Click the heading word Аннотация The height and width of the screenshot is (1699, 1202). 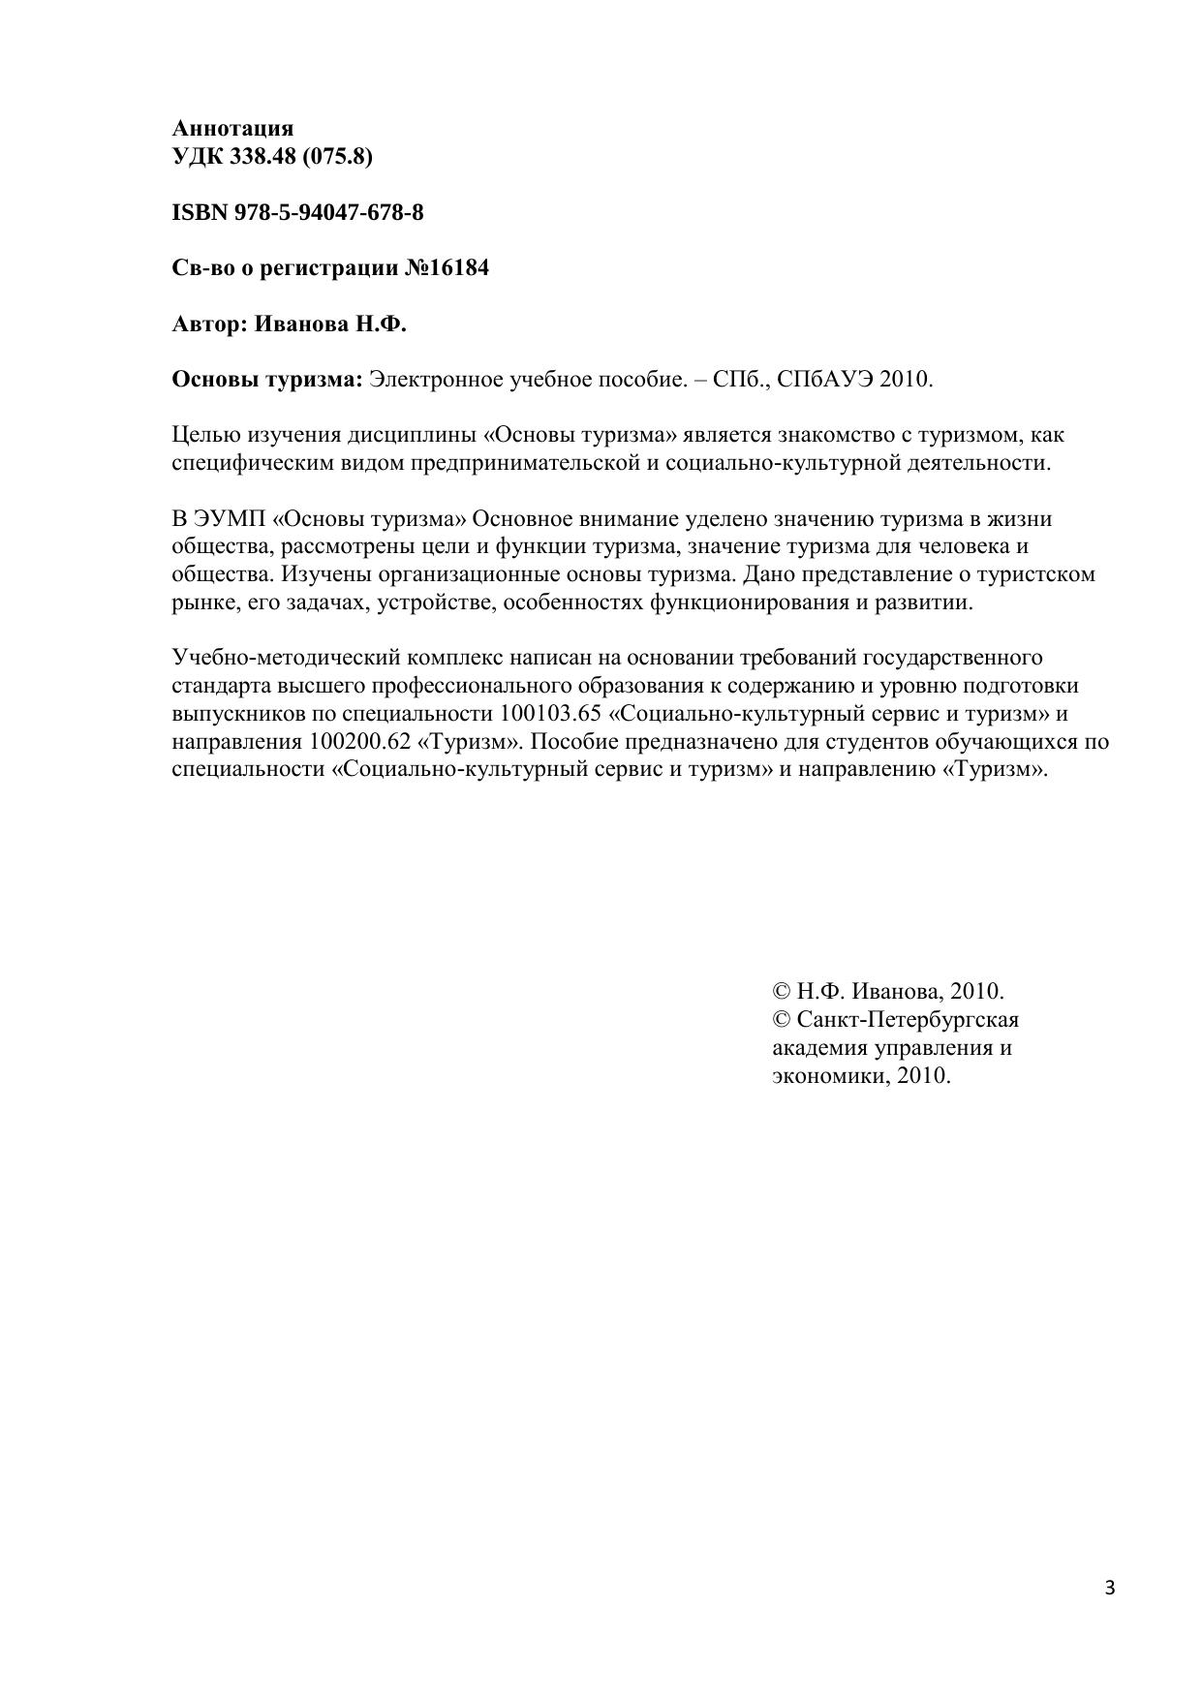point(232,128)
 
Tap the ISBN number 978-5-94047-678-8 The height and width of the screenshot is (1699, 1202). point(328,212)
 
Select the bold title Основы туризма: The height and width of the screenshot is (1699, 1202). point(266,380)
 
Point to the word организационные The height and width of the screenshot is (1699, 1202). point(466,574)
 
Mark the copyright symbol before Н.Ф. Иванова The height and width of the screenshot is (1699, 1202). point(782,992)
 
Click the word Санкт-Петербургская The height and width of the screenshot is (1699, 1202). point(908,1020)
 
